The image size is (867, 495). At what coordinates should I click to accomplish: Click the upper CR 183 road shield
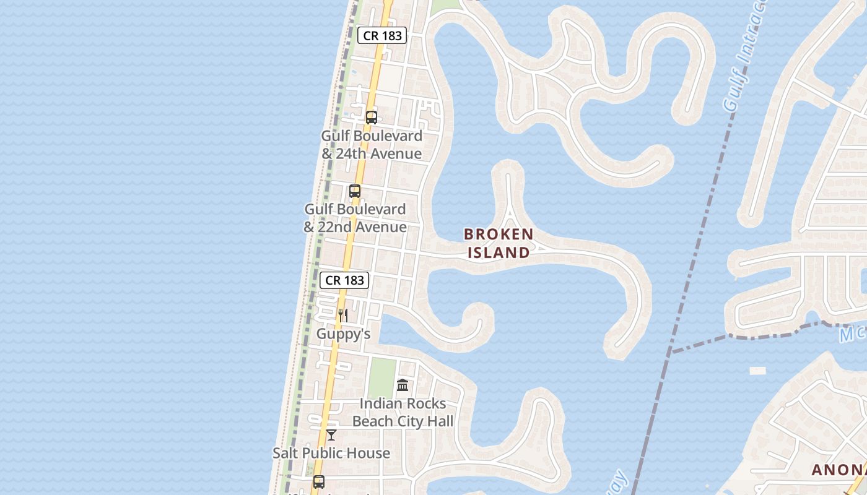[382, 35]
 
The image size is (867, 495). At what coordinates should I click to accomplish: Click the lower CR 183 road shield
[345, 280]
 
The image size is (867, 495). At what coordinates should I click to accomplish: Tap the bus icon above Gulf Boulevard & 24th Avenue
[372, 117]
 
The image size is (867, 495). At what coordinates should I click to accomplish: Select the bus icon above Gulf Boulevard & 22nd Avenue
[355, 191]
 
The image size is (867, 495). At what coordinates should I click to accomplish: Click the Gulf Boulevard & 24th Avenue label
[372, 145]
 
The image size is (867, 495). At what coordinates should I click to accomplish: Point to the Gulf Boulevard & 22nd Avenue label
[355, 218]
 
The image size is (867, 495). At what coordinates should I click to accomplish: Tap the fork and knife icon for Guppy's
[342, 316]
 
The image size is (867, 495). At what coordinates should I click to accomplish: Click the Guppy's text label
[343, 334]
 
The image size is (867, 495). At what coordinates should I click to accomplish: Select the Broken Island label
[499, 243]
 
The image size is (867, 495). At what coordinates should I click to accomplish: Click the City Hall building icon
[403, 385]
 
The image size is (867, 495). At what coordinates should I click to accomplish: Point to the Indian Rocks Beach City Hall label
[403, 413]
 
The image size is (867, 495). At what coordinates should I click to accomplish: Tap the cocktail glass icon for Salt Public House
[331, 434]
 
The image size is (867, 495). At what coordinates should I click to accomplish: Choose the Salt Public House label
[331, 453]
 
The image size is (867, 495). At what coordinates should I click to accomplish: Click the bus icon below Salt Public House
[319, 481]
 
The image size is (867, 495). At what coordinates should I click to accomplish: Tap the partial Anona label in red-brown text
[839, 470]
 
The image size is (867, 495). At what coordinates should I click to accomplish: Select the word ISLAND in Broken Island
[499, 252]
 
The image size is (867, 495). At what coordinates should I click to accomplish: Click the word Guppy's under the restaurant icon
[343, 334]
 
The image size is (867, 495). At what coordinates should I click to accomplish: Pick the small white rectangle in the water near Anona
[757, 371]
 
